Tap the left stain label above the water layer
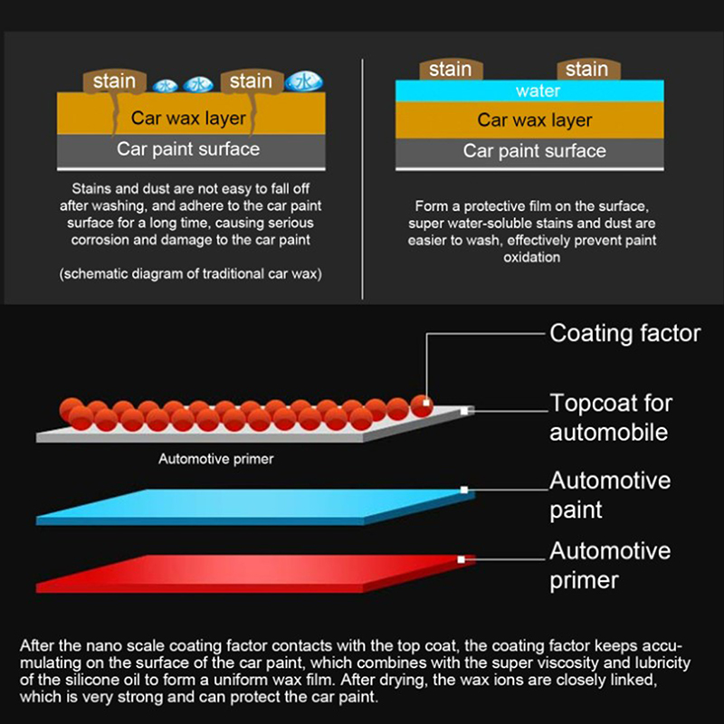(x=450, y=69)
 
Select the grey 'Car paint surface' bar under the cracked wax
(x=188, y=149)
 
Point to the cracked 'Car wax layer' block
(x=188, y=117)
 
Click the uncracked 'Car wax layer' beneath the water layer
(x=534, y=119)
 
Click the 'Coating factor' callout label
(x=624, y=333)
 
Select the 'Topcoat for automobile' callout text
(x=611, y=416)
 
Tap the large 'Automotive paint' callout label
(x=610, y=494)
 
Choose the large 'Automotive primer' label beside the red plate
(x=610, y=565)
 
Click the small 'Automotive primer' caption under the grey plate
(x=216, y=459)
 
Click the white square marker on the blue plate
(x=464, y=490)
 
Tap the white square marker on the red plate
(x=461, y=560)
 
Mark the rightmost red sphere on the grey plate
(x=421, y=406)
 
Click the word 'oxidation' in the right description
(x=534, y=257)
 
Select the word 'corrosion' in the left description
(x=98, y=241)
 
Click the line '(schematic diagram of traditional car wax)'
(x=190, y=273)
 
